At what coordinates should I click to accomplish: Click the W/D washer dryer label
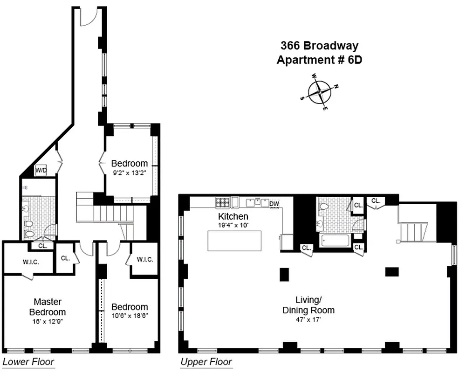41,171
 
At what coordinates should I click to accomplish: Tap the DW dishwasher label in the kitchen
274,203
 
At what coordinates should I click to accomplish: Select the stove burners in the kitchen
222,203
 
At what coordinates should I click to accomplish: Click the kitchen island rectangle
234,241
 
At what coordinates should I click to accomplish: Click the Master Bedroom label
47,307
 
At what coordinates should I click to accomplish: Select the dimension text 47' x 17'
308,320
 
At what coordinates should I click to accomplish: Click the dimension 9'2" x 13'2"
130,173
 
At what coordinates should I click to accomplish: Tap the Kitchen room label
233,216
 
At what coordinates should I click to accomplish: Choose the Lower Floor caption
28,361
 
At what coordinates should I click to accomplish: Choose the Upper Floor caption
206,361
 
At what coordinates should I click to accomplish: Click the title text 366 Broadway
319,46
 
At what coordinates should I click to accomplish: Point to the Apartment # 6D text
319,60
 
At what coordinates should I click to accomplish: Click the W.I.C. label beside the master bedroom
30,262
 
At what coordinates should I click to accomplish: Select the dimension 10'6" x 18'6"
130,316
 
